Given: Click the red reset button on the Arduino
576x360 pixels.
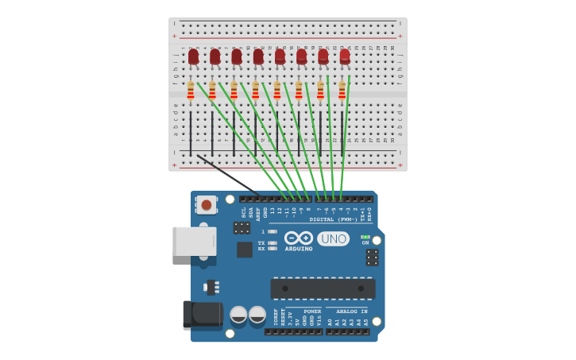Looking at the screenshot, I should click(207, 204).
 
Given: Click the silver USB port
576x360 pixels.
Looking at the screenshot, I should click(194, 241).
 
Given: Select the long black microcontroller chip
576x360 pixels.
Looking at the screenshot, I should click(323, 288).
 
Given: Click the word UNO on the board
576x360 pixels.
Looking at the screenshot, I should click(333, 238).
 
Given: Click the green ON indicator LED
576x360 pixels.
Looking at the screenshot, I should click(365, 237).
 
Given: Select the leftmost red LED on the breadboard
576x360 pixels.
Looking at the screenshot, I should click(193, 56).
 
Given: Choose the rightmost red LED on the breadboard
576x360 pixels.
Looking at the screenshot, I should click(345, 56).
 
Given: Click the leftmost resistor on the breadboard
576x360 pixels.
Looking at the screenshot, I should click(191, 91).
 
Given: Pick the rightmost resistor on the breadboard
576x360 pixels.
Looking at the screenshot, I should click(342, 91).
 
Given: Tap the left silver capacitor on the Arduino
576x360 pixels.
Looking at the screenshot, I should click(238, 315).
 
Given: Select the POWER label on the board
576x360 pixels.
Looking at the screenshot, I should click(312, 312).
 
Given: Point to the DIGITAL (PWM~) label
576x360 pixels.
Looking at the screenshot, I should click(334, 219).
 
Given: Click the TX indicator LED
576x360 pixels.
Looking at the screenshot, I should click(273, 242).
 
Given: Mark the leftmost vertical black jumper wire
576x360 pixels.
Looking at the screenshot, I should click(191, 134).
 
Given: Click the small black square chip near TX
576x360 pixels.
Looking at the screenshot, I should click(245, 250).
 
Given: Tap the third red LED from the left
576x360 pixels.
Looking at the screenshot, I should click(237, 56).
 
